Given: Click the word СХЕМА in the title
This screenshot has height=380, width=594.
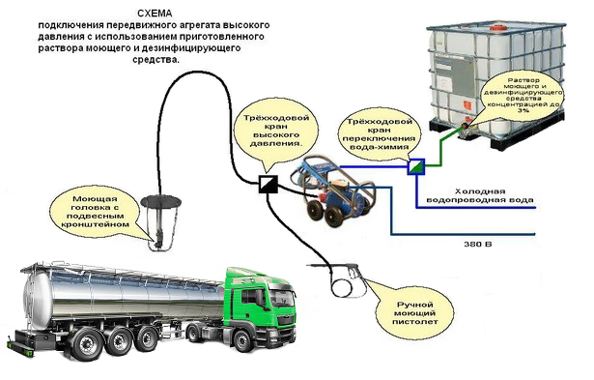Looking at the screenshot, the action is pos(155,14).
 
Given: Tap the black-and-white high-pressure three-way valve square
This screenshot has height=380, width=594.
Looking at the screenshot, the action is pos(269,184).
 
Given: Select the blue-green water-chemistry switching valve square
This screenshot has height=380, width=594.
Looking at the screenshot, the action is pos(416,167).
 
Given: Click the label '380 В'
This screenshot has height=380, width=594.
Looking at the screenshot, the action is pos(478,244).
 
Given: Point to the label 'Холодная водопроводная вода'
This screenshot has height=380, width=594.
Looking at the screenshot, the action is pos(480,195).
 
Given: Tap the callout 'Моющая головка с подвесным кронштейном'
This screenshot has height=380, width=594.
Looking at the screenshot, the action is pos(96,213).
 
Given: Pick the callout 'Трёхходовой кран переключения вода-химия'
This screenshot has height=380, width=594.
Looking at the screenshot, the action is pos(380,133).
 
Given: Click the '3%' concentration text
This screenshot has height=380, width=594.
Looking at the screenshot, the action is pos(523,111).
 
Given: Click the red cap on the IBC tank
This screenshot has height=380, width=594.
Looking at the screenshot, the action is pos(495,27).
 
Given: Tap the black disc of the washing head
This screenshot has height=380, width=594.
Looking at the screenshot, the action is pos(160,202).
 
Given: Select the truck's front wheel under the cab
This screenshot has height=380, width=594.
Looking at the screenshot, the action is pos(242,340).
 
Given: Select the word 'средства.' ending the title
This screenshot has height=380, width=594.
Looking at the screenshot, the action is pos(156,60).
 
